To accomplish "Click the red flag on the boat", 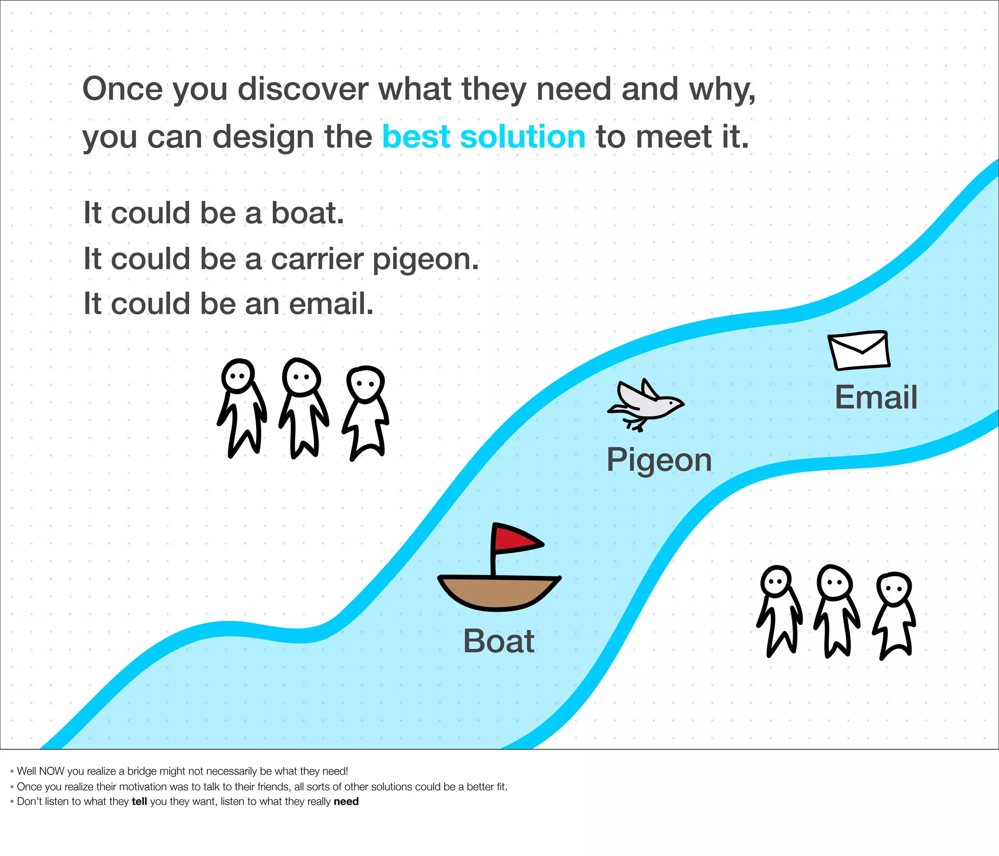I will pyautogui.click(x=515, y=539).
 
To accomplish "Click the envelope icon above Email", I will pyautogui.click(x=859, y=351).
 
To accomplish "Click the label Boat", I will pyautogui.click(x=499, y=641).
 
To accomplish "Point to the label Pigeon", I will pyautogui.click(x=659, y=460).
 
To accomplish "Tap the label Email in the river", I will pyautogui.click(x=876, y=397).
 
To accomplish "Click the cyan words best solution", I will pyautogui.click(x=483, y=137).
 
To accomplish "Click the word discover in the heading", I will pyautogui.click(x=302, y=89).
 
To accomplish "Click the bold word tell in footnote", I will pyautogui.click(x=139, y=801).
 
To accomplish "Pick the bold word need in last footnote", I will pyautogui.click(x=346, y=801).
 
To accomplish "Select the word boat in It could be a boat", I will pyautogui.click(x=307, y=213).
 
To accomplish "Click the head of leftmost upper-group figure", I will pyautogui.click(x=238, y=376).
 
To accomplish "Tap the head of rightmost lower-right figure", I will pyautogui.click(x=894, y=588).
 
